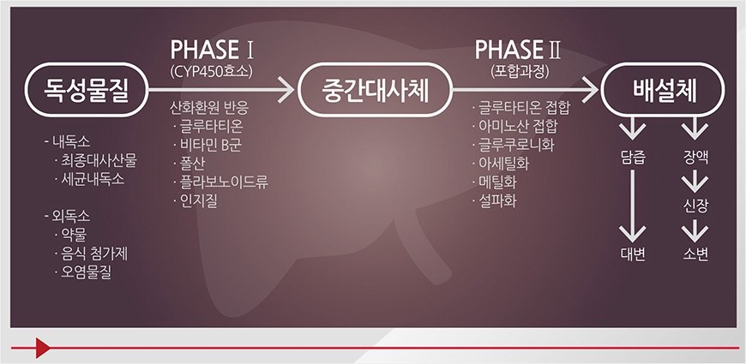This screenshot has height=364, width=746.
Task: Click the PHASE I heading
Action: (212, 50)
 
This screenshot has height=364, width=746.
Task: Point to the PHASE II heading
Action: (518, 50)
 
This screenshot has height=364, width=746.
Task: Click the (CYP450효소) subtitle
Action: (212, 71)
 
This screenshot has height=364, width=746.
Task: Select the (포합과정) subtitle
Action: (520, 71)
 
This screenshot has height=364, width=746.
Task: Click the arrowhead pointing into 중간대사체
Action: (286, 89)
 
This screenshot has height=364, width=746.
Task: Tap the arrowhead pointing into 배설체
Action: (591, 89)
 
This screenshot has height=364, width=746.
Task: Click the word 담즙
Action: (634, 158)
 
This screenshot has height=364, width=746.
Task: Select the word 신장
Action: (695, 206)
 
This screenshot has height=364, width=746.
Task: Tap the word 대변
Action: (634, 254)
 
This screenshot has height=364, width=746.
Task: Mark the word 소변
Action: (695, 254)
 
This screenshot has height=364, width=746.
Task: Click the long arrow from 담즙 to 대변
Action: (634, 206)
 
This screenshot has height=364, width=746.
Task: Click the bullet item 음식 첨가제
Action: (91, 254)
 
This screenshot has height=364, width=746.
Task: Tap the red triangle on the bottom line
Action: (42, 348)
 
